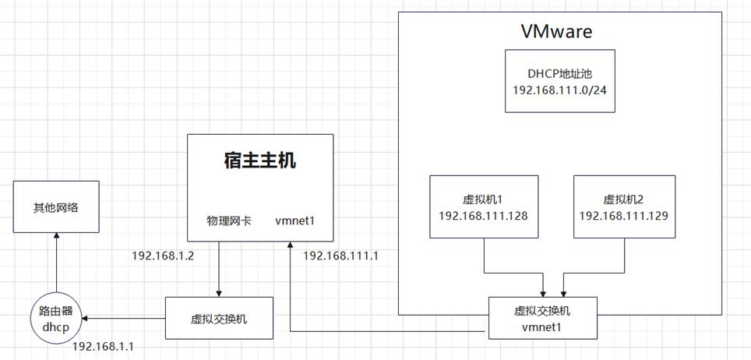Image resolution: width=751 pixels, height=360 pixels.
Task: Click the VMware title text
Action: pyautogui.click(x=556, y=32)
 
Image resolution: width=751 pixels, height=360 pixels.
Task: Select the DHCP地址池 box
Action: pyautogui.click(x=559, y=81)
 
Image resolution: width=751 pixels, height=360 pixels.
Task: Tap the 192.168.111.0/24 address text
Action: pyautogui.click(x=559, y=90)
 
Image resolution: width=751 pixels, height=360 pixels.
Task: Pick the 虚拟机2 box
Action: pyautogui.click(x=625, y=206)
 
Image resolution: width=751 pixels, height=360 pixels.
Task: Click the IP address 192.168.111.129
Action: pyautogui.click(x=625, y=214)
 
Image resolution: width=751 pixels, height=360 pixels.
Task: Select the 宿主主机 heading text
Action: pyautogui.click(x=260, y=161)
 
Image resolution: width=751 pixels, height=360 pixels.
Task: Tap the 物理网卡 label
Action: pyautogui.click(x=228, y=221)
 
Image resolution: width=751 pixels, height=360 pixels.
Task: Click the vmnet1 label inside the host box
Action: pyautogui.click(x=294, y=221)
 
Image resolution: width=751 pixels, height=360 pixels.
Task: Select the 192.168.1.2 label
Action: pyautogui.click(x=163, y=255)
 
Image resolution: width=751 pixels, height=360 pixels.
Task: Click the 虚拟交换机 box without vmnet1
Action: pyautogui.click(x=220, y=319)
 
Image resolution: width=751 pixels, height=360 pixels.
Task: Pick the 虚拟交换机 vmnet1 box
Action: pyautogui.click(x=543, y=319)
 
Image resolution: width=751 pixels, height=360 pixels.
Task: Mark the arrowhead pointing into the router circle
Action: pyautogui.click(x=86, y=319)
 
